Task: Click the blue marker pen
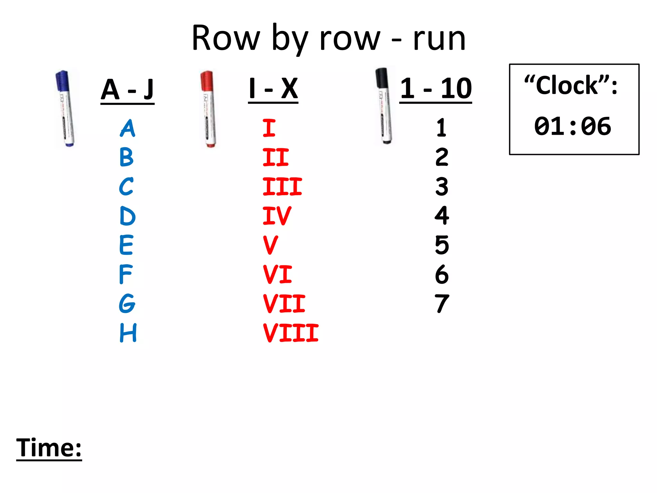click(x=65, y=108)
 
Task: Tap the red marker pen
click(x=209, y=109)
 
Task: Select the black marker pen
click(x=383, y=106)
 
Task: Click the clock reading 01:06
click(x=572, y=126)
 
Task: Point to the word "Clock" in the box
click(x=567, y=86)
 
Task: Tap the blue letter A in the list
click(x=127, y=128)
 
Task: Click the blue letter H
click(x=128, y=333)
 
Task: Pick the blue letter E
click(x=126, y=245)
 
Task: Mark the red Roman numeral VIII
click(x=290, y=333)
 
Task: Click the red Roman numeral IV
click(x=277, y=216)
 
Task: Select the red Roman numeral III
click(x=282, y=186)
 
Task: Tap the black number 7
click(x=442, y=304)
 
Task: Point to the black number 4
click(x=442, y=216)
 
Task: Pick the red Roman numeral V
click(x=270, y=245)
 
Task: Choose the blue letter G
click(x=127, y=304)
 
